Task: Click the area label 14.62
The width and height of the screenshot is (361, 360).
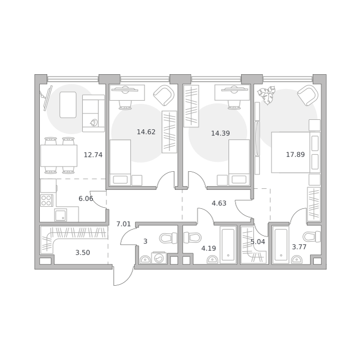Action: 146,132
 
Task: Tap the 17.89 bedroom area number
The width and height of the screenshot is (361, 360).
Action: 295,154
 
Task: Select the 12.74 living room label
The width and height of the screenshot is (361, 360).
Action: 93,155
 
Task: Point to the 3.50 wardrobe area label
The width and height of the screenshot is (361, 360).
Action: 83,253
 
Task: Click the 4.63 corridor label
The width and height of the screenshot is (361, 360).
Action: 219,203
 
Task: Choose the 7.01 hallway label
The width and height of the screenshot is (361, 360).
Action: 124,224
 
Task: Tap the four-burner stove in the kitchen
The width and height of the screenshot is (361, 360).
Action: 47,200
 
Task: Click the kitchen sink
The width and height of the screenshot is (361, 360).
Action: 61,215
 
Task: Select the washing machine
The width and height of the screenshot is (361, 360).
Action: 159,258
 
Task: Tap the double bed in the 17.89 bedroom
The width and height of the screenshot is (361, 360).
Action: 296,152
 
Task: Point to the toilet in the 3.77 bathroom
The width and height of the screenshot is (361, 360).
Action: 312,237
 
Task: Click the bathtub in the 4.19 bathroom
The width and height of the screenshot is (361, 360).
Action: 228,245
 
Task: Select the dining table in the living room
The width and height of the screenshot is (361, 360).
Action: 59,156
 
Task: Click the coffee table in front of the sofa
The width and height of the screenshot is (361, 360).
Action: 68,105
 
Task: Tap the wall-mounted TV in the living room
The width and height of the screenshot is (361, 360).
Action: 47,97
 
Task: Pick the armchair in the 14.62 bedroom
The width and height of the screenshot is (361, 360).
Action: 164,95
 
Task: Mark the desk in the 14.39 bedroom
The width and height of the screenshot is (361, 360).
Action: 232,92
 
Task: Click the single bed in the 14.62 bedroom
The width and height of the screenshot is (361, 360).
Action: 121,162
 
